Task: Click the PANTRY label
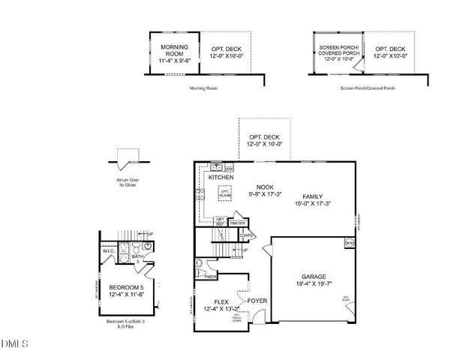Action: [x=238, y=223]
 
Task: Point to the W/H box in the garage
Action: [x=349, y=243]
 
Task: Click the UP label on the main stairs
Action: [x=245, y=250]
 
